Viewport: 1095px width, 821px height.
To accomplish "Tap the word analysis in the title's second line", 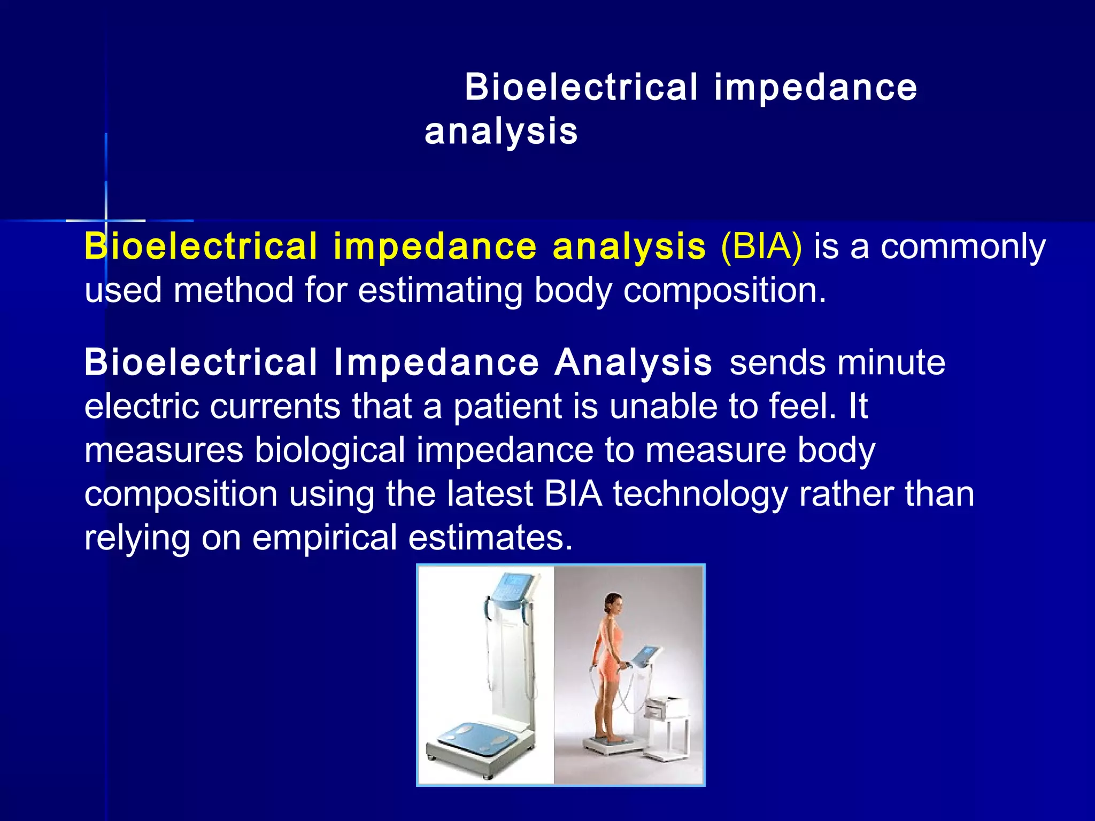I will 501,131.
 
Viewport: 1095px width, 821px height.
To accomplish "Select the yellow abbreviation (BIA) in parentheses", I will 761,247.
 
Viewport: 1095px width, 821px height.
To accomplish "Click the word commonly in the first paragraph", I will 962,248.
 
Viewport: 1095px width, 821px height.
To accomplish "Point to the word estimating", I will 440,291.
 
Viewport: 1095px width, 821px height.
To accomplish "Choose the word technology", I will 700,494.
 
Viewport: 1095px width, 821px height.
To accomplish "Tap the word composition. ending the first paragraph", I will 724,291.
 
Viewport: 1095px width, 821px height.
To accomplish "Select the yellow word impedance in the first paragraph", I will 435,247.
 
